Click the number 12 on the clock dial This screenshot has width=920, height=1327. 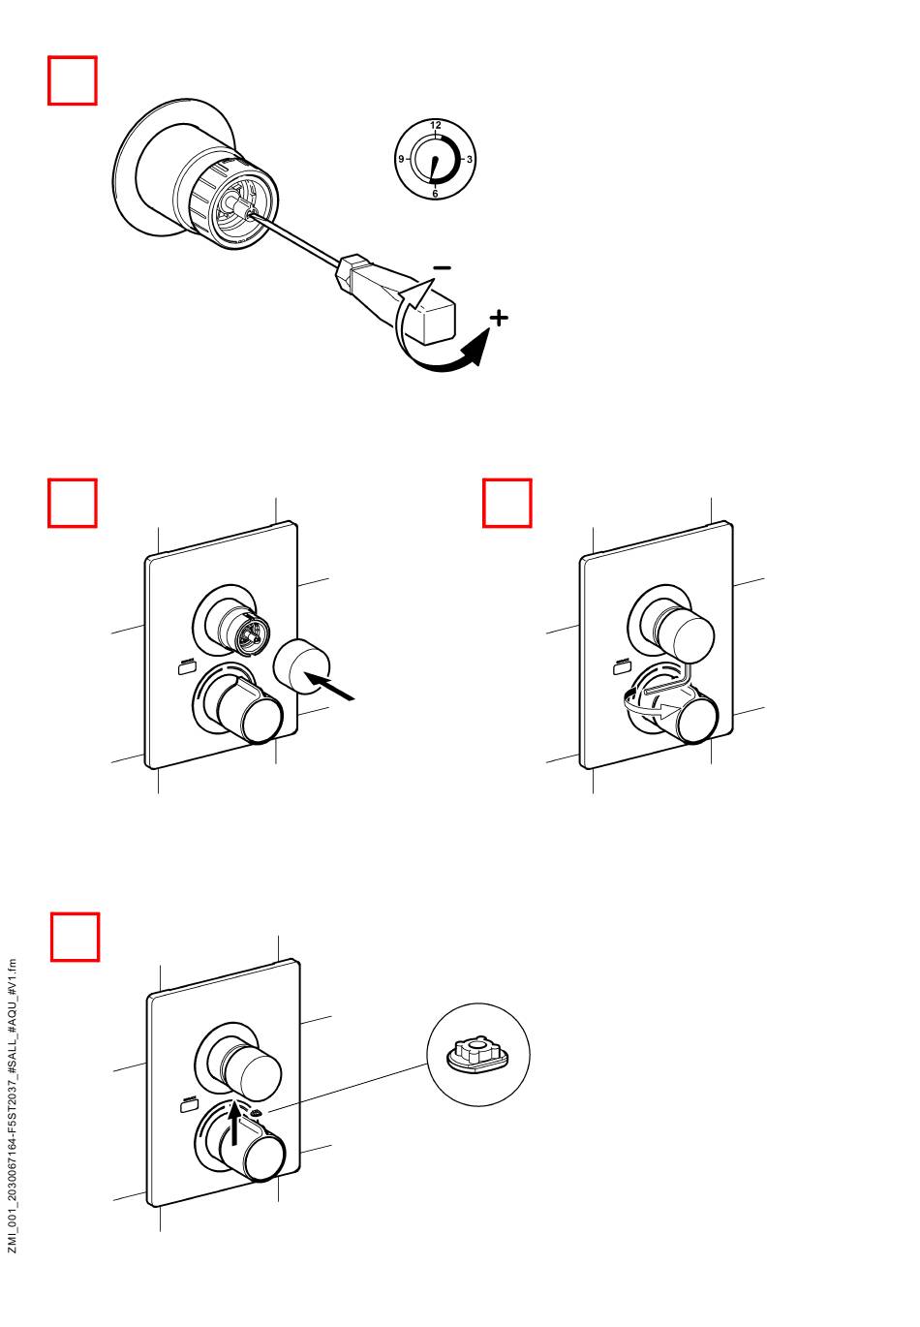point(436,125)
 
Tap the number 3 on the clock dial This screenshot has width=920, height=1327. point(470,159)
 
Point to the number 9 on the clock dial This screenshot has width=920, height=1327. point(400,158)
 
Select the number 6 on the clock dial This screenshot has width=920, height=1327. point(435,194)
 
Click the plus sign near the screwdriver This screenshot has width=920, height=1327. point(497,318)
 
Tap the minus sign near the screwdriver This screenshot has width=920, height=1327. point(442,266)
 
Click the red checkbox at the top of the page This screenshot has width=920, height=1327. point(73,80)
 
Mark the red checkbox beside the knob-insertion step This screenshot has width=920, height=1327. point(73,503)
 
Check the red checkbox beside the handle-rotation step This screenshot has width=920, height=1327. point(507,503)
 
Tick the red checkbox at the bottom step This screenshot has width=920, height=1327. point(75,936)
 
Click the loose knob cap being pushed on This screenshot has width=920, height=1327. point(303,666)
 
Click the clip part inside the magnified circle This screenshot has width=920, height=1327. point(475,1053)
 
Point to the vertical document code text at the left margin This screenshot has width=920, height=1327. point(13,1104)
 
